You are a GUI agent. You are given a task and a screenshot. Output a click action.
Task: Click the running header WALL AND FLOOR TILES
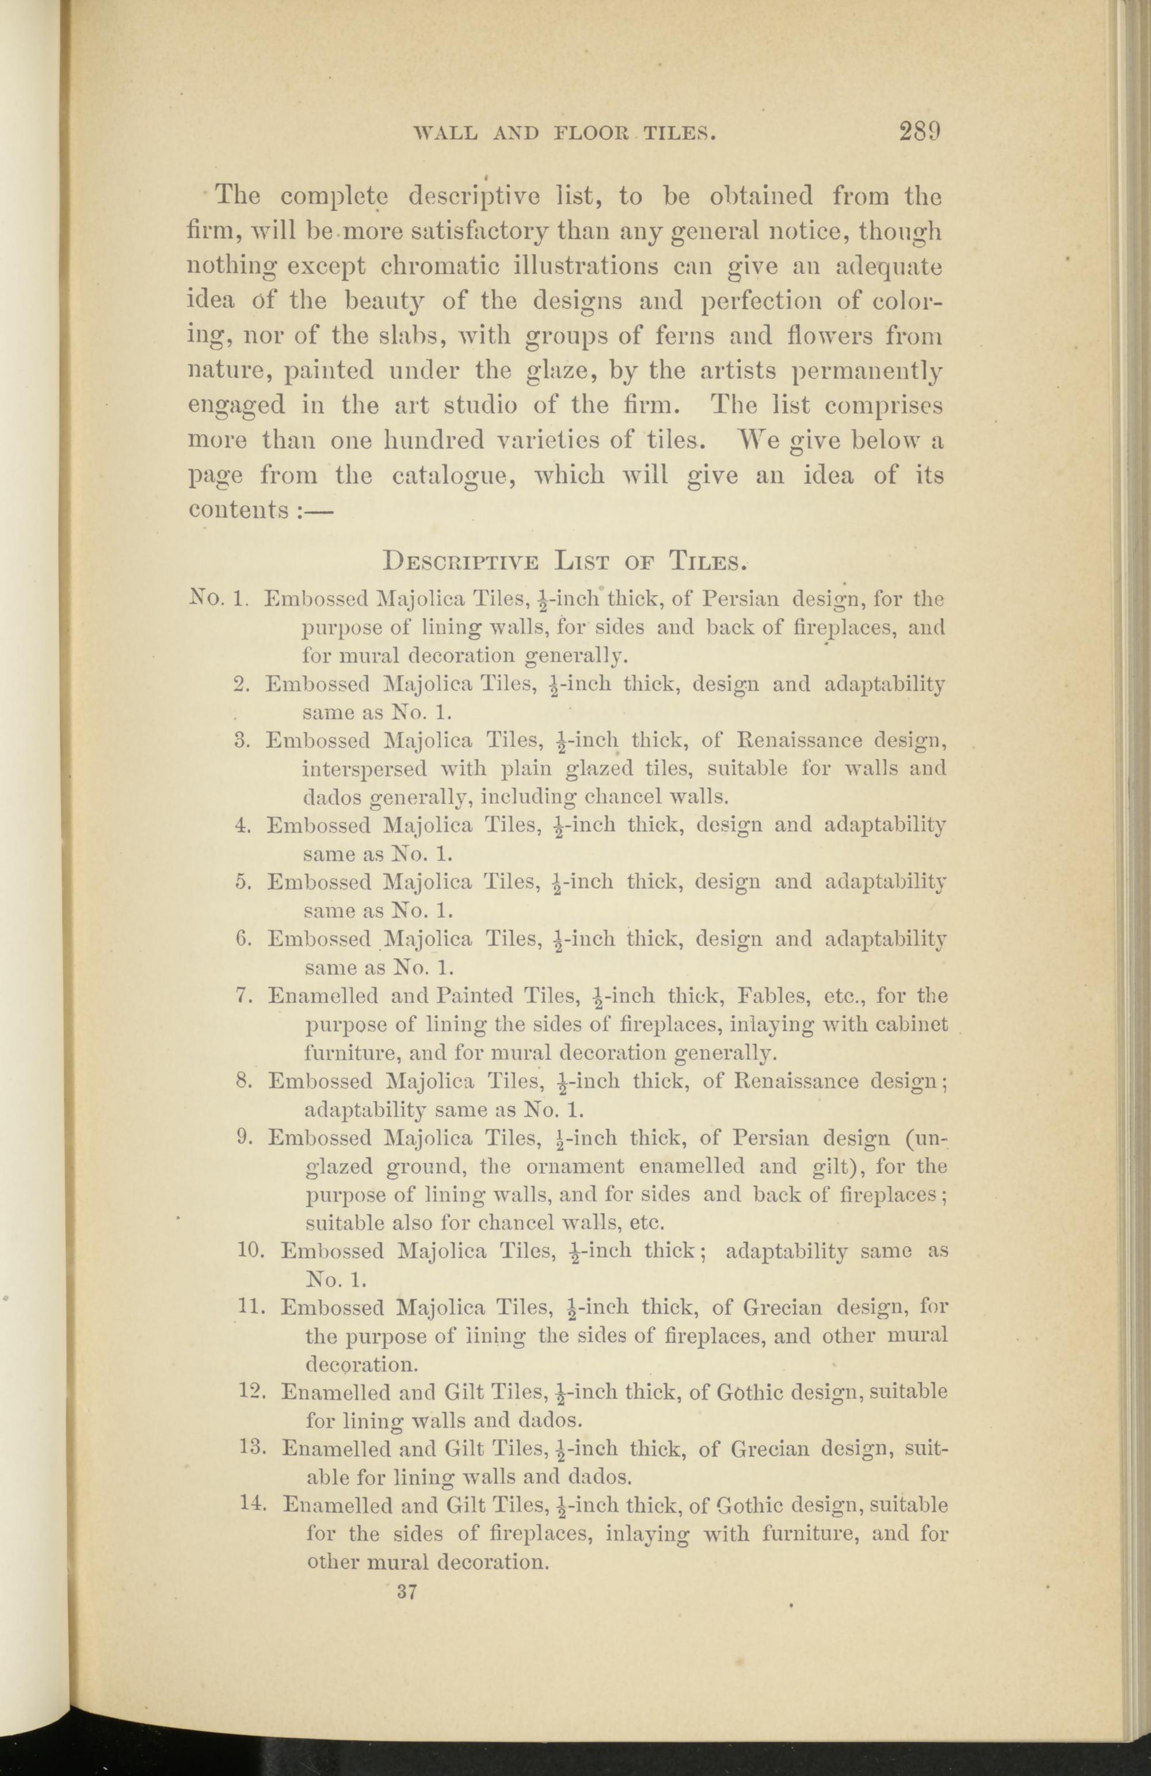click(565, 133)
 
